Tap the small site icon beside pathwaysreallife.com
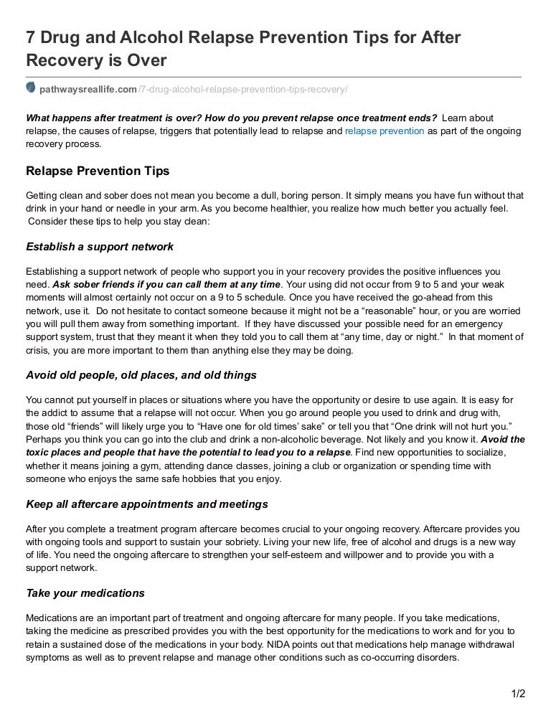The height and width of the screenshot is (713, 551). point(31,88)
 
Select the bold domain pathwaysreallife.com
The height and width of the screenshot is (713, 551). point(88,88)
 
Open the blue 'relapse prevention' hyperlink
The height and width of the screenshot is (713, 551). point(385,131)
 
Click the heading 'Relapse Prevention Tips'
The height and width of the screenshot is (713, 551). point(97,171)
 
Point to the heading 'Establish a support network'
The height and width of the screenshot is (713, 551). point(100,247)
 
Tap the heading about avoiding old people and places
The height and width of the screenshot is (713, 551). point(141,375)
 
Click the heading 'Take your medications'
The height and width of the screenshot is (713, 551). point(85,593)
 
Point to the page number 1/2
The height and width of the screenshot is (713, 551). point(517,693)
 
